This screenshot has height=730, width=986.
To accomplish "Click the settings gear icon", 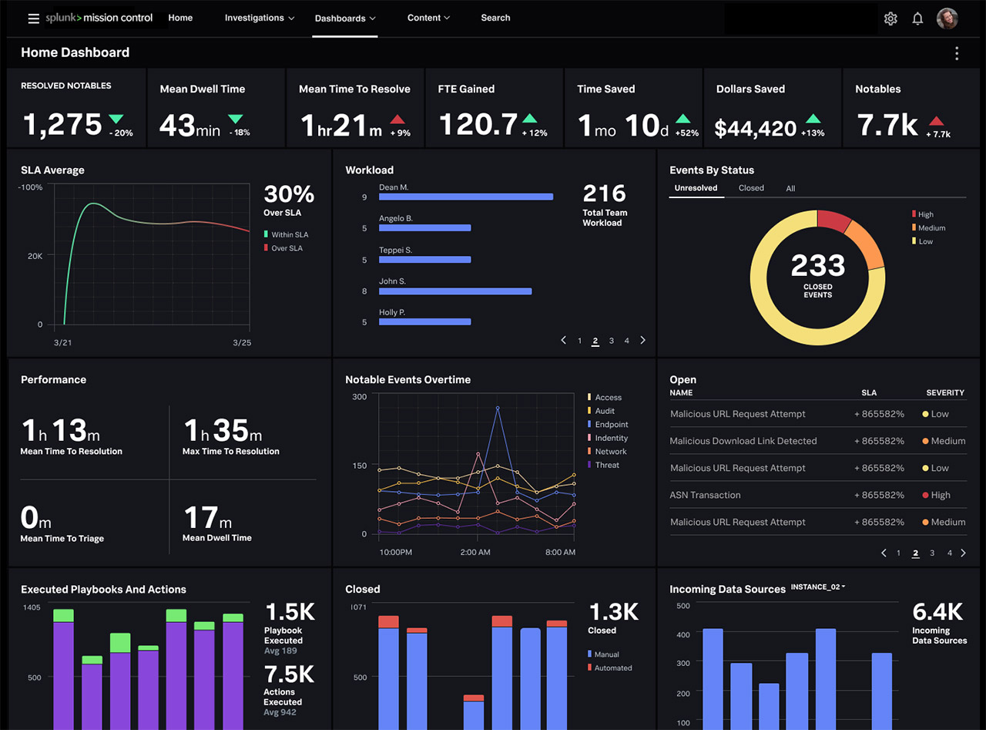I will pos(890,19).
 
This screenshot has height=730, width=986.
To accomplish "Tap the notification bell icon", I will pos(917,19).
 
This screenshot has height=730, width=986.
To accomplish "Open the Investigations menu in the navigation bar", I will pos(260,18).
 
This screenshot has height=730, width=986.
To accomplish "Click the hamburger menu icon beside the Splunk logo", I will pos(33,19).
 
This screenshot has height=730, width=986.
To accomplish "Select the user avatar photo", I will pos(947,19).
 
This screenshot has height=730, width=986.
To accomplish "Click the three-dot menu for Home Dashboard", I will pos(957,53).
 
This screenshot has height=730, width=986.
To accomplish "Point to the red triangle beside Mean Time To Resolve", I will pos(397,119).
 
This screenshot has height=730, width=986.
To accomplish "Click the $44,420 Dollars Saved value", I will pos(755,128).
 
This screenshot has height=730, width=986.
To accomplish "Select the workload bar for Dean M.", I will pos(465,197).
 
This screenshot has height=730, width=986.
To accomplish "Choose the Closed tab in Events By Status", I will pos(751,188).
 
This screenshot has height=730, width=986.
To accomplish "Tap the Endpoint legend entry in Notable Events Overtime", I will pos(611,425).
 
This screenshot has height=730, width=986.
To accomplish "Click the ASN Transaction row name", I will pos(705,495).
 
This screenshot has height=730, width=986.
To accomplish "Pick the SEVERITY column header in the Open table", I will pos(944,393).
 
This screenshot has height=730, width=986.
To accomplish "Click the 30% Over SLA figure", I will pos(289,193).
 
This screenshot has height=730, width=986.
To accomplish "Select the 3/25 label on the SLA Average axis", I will pos(242,342).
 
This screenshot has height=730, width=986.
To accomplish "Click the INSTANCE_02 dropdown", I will pos(818,587).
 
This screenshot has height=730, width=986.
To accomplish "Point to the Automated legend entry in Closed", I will pos(612,668).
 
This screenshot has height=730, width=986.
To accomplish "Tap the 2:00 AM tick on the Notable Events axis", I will pos(475,552).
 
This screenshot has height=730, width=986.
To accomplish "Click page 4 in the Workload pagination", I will pos(627,341).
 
